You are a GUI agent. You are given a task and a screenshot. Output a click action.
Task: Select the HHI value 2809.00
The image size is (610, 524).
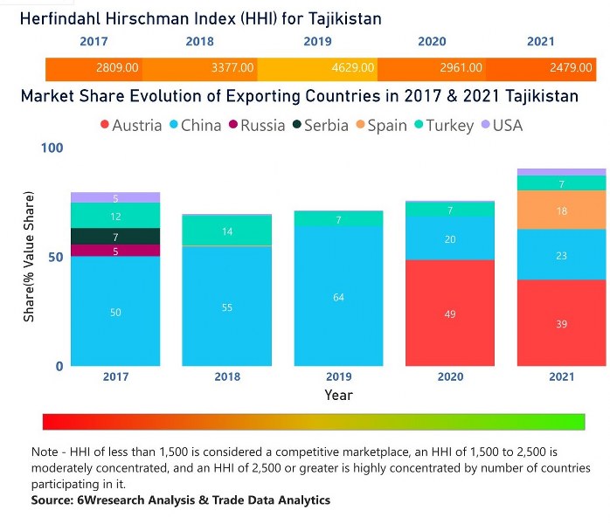pos(118,67)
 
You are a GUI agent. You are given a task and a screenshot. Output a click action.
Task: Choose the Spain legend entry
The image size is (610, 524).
pos(380,126)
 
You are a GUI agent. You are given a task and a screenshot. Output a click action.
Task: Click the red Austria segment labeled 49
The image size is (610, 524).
pos(450,313)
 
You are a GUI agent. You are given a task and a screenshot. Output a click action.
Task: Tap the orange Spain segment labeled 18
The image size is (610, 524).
pos(561,210)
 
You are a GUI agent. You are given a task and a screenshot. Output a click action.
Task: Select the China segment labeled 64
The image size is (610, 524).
pos(338,297)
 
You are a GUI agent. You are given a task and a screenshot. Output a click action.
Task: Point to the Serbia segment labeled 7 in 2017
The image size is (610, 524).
pos(115,237)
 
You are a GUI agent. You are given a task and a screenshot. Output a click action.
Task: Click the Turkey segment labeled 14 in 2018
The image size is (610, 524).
pos(227,231)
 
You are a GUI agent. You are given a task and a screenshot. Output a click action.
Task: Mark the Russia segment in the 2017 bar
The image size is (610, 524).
pos(115,251)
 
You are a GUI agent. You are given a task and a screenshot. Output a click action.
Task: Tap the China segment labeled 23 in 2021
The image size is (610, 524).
pos(561,255)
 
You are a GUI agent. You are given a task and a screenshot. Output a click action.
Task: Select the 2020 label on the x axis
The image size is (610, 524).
pos(450,377)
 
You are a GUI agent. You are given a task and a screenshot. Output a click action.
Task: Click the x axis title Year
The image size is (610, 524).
pos(338,395)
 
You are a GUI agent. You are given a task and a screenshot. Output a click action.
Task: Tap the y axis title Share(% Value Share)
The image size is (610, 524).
pos(29,258)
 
